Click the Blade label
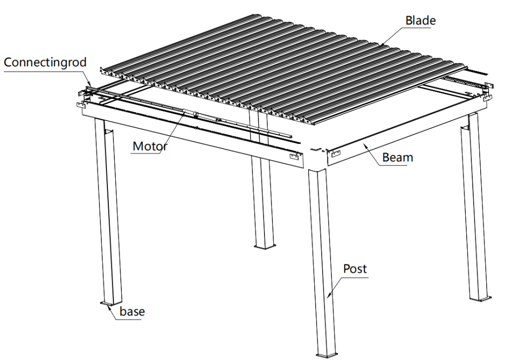pyautogui.click(x=421, y=20)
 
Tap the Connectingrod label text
pyautogui.click(x=45, y=62)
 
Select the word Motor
pyautogui.click(x=150, y=146)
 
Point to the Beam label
pyautogui.click(x=398, y=157)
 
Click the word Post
pyautogui.click(x=355, y=269)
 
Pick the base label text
pyautogui.click(x=132, y=311)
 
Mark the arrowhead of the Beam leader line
pyautogui.click(x=365, y=145)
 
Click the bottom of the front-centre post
pyautogui.click(x=326, y=355)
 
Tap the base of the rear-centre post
pyautogui.click(x=264, y=247)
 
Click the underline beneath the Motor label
pyautogui.click(x=146, y=153)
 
